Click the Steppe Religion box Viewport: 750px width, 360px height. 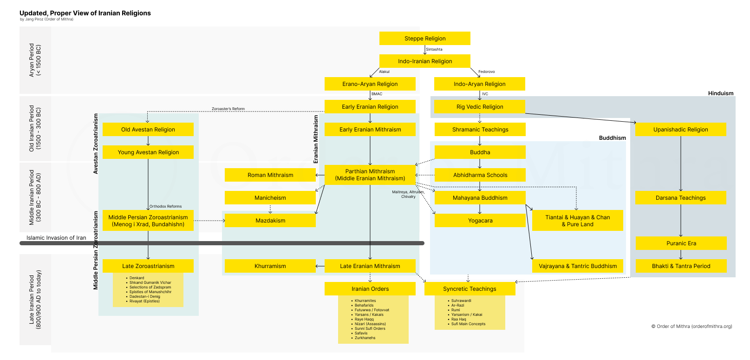[x=424, y=38]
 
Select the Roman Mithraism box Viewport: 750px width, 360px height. [x=270, y=175]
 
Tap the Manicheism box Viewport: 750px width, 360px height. [x=270, y=197]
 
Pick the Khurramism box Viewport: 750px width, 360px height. [x=270, y=266]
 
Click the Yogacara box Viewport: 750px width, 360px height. [x=480, y=220]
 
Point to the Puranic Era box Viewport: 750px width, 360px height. [x=681, y=243]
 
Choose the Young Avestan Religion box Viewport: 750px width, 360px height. [x=148, y=152]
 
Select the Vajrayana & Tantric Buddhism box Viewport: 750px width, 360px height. [x=578, y=266]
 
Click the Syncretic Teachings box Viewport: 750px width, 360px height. [x=470, y=288]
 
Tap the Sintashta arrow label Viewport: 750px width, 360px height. [x=434, y=49]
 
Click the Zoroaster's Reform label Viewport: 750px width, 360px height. [x=228, y=109]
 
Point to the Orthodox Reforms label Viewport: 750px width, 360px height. [x=165, y=206]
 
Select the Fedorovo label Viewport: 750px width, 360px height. [x=487, y=72]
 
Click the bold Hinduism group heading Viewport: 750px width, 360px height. [x=721, y=93]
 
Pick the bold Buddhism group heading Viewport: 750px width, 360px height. [x=613, y=138]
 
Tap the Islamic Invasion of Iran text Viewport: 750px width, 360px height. [x=56, y=238]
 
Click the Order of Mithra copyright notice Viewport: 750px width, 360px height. [x=691, y=327]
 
